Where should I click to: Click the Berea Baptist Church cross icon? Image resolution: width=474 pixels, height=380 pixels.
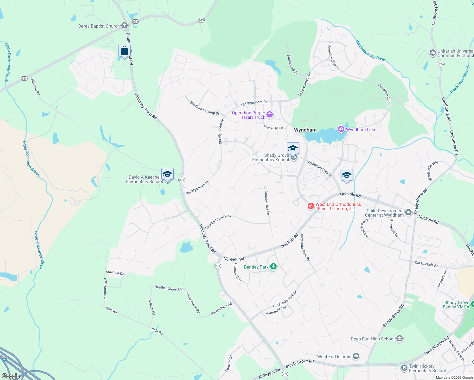tap(125, 26)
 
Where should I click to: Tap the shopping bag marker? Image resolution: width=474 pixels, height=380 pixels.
tap(124, 51)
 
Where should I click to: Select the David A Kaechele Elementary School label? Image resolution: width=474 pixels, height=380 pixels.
tap(144, 179)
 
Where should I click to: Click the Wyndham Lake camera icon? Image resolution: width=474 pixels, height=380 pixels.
tap(341, 129)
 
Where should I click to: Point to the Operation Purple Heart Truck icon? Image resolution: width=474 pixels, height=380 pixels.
tap(270, 115)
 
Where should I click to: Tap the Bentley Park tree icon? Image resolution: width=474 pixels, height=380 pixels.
tap(273, 267)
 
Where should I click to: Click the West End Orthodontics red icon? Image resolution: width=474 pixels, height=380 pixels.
tap(311, 206)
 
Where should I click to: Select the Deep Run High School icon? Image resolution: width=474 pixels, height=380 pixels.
tap(400, 339)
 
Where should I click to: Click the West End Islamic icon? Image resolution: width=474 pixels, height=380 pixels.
tap(356, 357)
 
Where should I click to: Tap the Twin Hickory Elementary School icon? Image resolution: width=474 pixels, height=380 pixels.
tap(404, 368)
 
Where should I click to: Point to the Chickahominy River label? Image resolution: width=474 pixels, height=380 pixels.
tap(370, 50)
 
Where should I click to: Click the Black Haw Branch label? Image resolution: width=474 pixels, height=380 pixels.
tap(460, 79)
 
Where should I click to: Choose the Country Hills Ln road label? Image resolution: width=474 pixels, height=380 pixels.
tap(267, 203)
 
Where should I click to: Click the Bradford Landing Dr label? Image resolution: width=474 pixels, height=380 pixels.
tap(204, 108)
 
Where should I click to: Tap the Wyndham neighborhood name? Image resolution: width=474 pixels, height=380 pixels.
tap(305, 130)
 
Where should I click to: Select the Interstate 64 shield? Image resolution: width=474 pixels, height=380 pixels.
tap(4, 359)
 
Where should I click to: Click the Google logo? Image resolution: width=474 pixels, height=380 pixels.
tap(10, 376)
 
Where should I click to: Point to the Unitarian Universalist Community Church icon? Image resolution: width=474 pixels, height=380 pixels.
tap(432, 53)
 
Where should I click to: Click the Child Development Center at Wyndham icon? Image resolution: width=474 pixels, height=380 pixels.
tap(408, 212)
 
